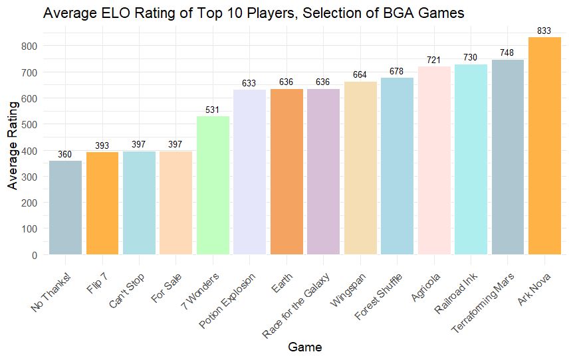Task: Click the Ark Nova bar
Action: click(x=544, y=146)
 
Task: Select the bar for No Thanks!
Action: click(x=66, y=207)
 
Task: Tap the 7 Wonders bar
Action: click(x=213, y=185)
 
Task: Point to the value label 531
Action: click(x=213, y=110)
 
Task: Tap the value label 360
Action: click(x=65, y=154)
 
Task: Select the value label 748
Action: click(x=507, y=53)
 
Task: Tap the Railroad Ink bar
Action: click(x=471, y=159)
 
